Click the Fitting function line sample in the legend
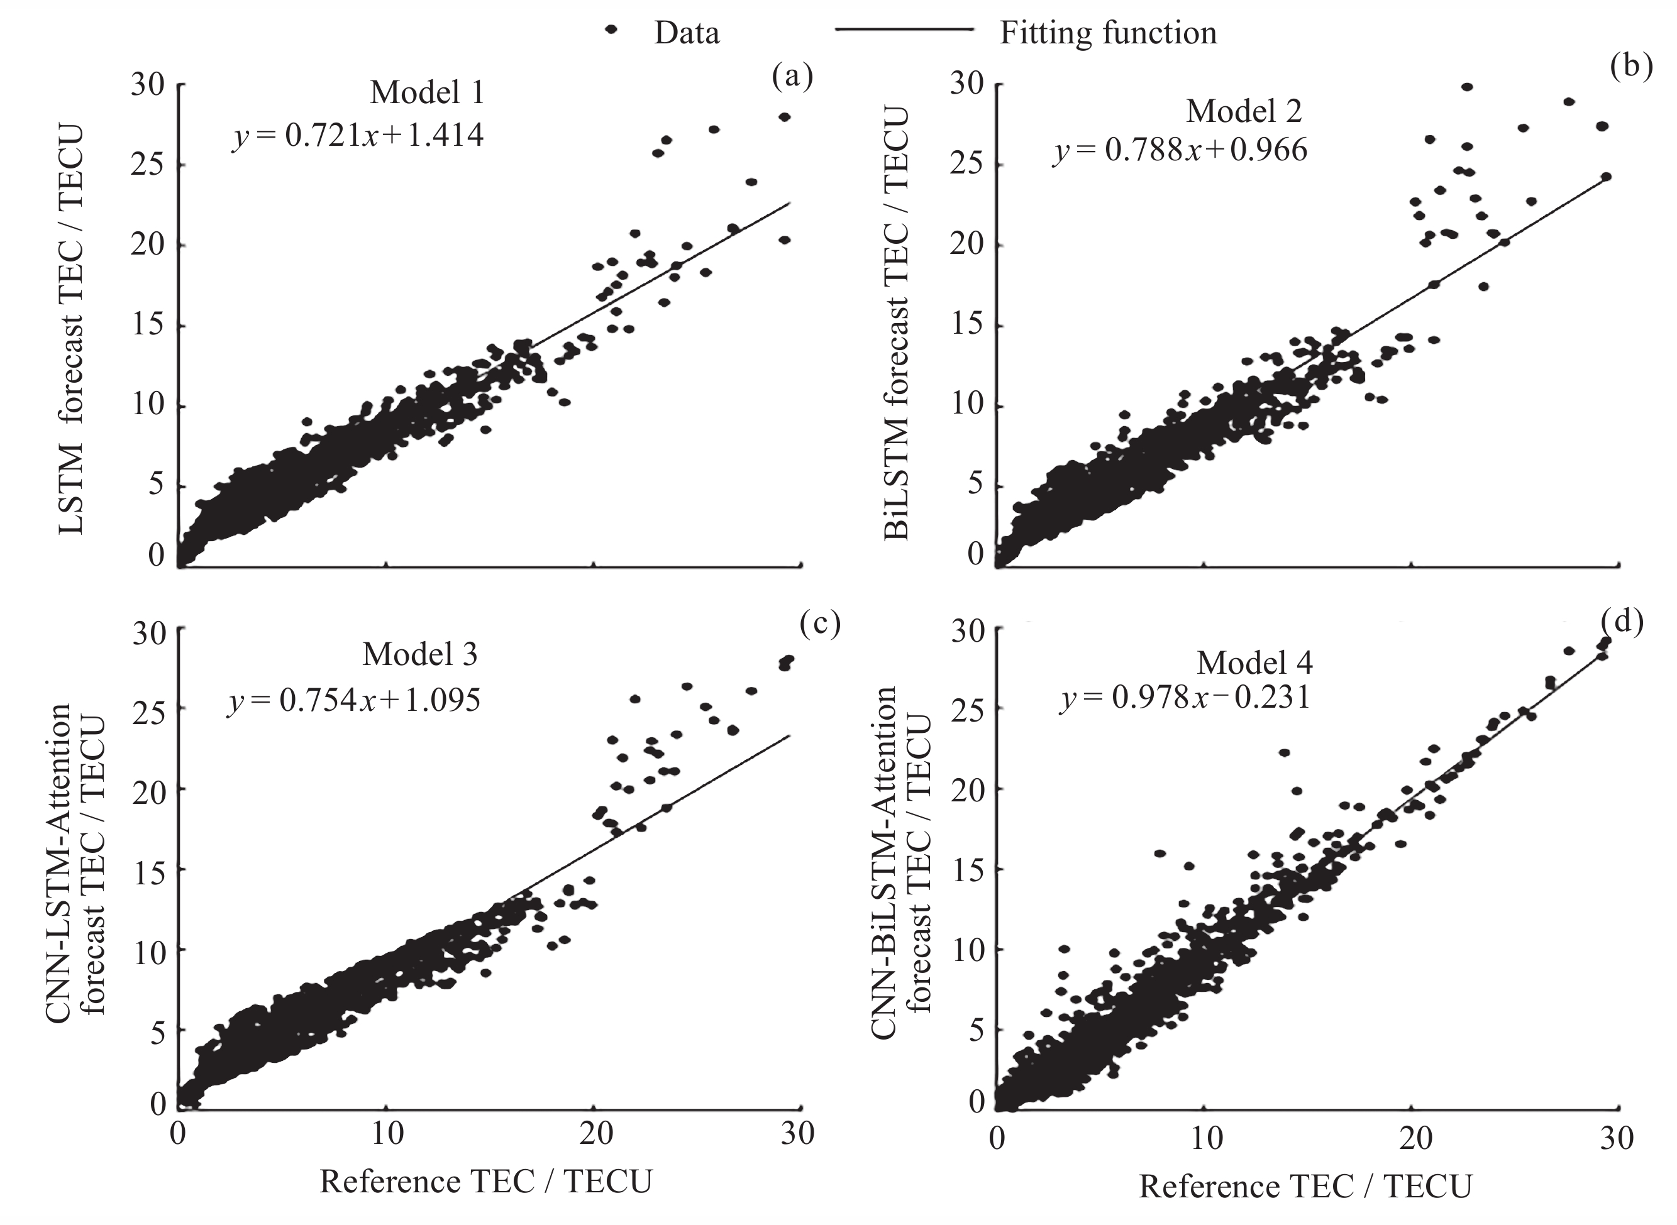tap(904, 30)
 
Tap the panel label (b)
tap(1632, 65)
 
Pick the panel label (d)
tap(1622, 622)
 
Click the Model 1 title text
tap(426, 92)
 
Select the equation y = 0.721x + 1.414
tap(358, 136)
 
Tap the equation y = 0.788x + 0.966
tap(1180, 150)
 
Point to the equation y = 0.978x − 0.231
tap(1185, 698)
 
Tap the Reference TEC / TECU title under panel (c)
tap(486, 1181)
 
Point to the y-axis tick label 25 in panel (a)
tap(148, 165)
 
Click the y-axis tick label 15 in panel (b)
tap(967, 326)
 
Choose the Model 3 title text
tap(420, 654)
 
